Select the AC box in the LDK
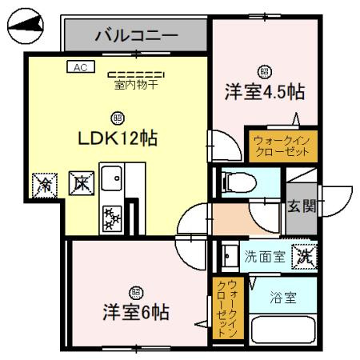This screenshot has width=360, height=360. click(x=79, y=69)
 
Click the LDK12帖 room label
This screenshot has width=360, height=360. click(x=117, y=138)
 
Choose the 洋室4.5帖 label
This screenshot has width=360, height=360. click(x=263, y=91)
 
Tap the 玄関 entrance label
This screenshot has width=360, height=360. click(x=302, y=206)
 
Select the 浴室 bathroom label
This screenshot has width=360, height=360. click(x=284, y=298)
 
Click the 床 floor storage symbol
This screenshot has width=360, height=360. click(x=79, y=183)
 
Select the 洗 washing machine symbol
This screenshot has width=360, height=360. click(x=304, y=256)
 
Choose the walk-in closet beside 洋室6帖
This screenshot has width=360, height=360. click(x=229, y=309)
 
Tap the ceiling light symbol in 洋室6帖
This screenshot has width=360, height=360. click(x=135, y=291)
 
